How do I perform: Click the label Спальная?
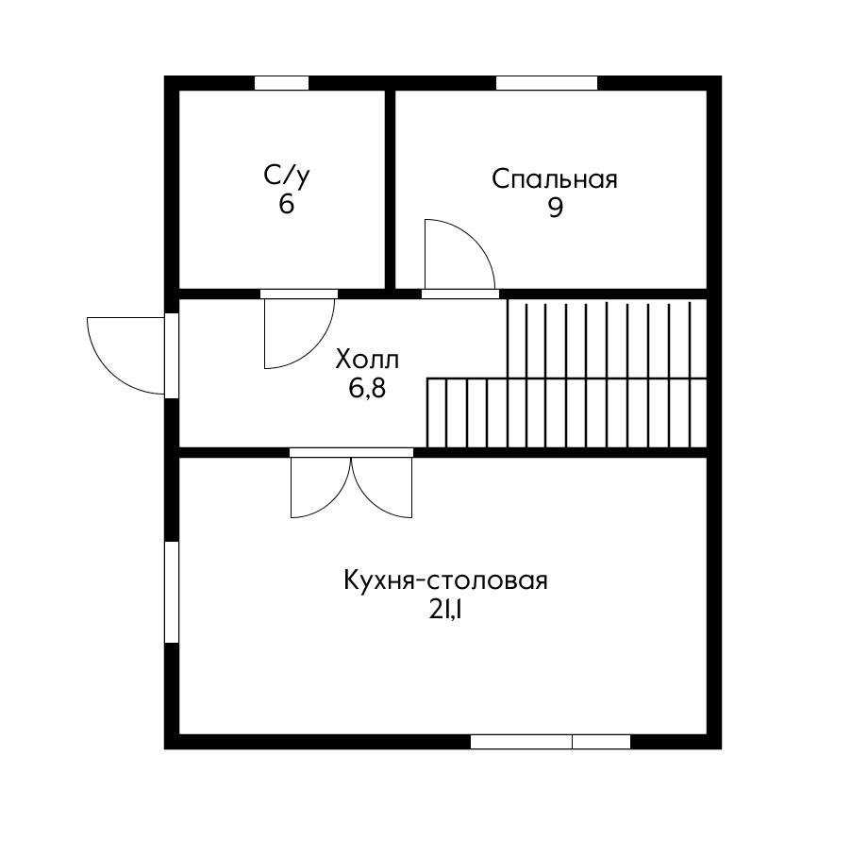(555, 179)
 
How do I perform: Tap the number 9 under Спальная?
(555, 209)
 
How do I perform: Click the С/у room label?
(286, 175)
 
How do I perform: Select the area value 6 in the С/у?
(286, 204)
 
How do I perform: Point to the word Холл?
(367, 360)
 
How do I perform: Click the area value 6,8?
(367, 388)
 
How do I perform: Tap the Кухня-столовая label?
(445, 580)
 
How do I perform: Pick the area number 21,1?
(445, 610)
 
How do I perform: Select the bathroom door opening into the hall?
(297, 332)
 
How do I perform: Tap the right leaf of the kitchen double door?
(382, 487)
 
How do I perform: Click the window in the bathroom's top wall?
(281, 83)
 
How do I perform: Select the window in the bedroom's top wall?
(546, 83)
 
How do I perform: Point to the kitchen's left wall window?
(172, 592)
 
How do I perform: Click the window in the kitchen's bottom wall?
(550, 742)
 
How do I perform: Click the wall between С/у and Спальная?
(390, 189)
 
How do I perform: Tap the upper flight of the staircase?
(606, 339)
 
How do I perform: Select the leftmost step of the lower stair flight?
(436, 412)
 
